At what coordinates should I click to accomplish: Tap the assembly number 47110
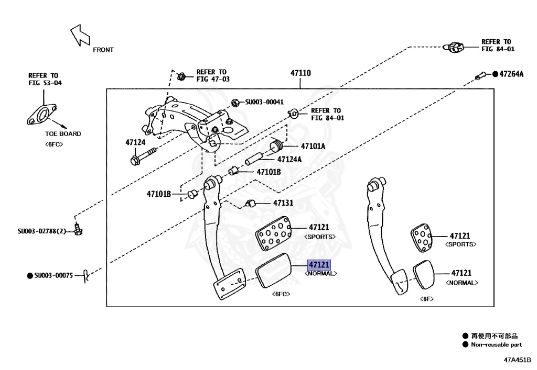[300, 73]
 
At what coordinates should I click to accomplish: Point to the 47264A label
[511, 74]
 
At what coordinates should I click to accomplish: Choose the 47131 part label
[283, 203]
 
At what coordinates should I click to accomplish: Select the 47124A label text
[289, 159]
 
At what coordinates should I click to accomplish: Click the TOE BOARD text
[63, 134]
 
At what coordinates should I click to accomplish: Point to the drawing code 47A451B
[518, 360]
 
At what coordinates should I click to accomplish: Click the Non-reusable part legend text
[496, 345]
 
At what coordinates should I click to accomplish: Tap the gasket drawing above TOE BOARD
[40, 115]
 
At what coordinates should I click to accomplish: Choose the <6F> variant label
[425, 299]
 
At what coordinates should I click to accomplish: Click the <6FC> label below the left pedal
[281, 294]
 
